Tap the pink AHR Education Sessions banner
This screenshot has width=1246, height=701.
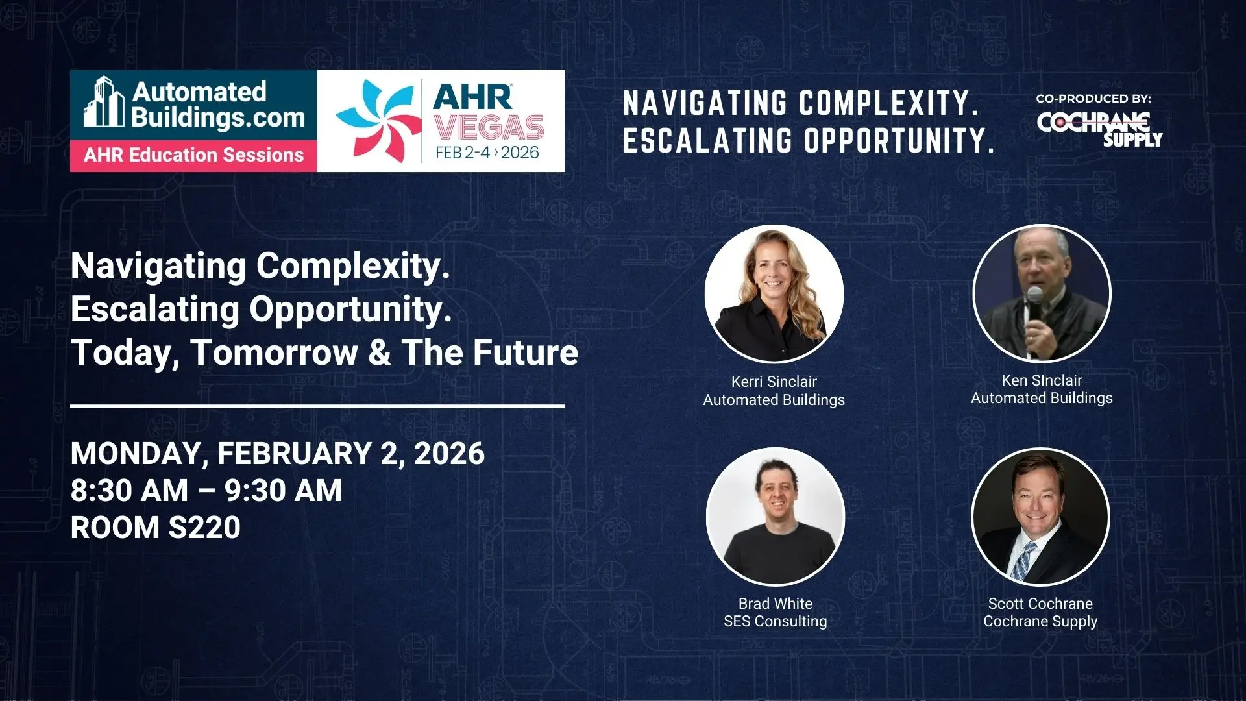(194, 156)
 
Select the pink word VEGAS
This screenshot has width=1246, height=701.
(489, 127)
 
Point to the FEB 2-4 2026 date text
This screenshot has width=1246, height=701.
(487, 153)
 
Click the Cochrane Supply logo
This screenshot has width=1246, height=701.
(1099, 130)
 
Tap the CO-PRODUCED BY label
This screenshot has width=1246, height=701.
(1093, 99)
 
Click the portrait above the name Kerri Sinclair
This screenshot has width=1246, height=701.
(774, 294)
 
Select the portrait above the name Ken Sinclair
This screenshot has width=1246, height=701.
(1042, 293)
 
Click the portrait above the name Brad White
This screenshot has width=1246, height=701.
(776, 517)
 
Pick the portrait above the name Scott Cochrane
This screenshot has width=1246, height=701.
(1040, 517)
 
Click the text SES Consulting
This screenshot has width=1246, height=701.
(776, 621)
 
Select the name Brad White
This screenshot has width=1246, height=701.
(776, 604)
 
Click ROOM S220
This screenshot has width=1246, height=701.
(156, 527)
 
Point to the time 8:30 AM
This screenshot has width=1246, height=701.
(130, 491)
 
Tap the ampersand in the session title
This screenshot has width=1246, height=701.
(379, 352)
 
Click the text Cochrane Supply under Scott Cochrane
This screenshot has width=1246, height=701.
(1040, 622)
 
